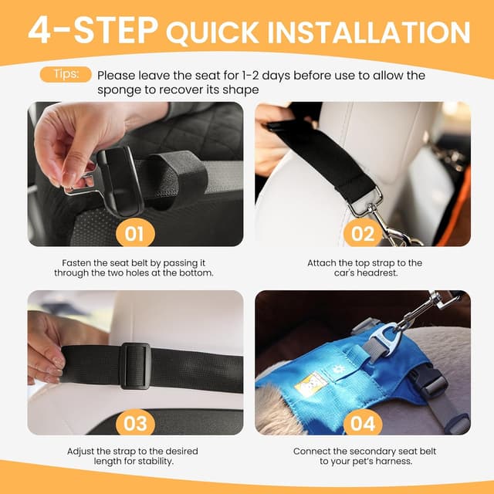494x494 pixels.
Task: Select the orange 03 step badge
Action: [136, 423]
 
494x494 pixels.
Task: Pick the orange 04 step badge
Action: [364, 423]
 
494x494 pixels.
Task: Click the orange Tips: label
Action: [65, 74]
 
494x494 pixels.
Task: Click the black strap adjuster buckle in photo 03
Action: [135, 365]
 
